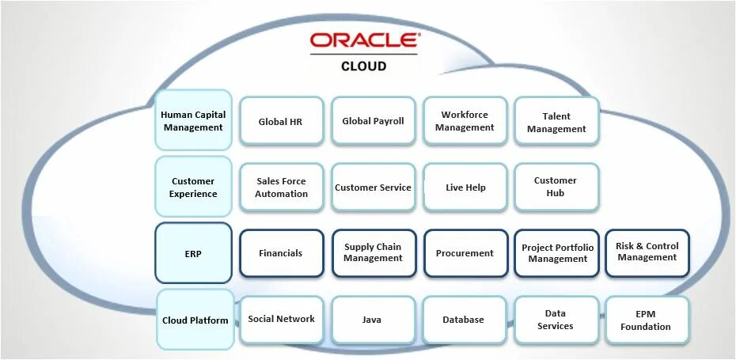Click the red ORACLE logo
pos(363,41)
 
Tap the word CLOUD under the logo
pos(363,66)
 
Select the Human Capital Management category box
pos(193,120)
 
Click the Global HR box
pos(281,121)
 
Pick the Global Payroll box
pos(373,121)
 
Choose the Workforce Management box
pos(465,121)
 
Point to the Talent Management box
pos(556,122)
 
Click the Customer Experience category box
pos(193,187)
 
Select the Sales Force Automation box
pos(281,187)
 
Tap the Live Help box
pos(465,188)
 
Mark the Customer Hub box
pos(556,187)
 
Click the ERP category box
pos(193,253)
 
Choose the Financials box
pos(281,253)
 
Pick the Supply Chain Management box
pos(373,253)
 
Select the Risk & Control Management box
pos(647,252)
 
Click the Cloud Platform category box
pos(195,320)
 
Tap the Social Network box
pos(281,320)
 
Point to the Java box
pos(372,320)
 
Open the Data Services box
pos(556,320)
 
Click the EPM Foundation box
pos(646,320)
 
